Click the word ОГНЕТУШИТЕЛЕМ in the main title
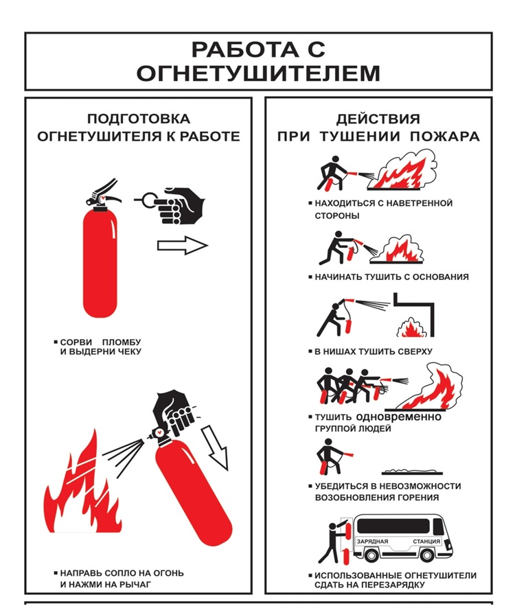[258, 73]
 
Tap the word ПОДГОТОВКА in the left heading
[139, 119]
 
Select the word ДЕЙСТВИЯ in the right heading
[378, 119]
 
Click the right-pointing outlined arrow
[183, 246]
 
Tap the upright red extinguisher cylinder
[100, 263]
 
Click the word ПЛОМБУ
[122, 342]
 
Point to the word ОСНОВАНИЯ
[440, 277]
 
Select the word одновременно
[398, 417]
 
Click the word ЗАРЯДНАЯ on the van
[372, 541]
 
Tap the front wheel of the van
[427, 555]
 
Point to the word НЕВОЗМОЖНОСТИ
[422, 486]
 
